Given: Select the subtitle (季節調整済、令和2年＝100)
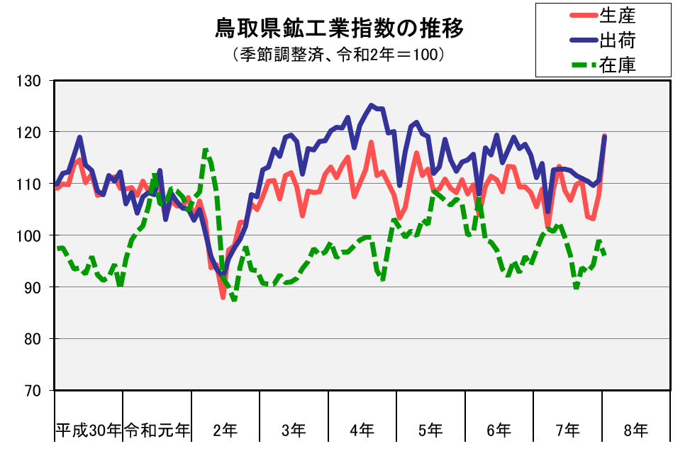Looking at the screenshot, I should (338, 55).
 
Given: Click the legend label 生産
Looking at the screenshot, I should (617, 14).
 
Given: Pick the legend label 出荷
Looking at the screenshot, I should (617, 40).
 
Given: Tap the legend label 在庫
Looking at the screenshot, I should (617, 65).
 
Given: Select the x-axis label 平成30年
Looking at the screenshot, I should (89, 430).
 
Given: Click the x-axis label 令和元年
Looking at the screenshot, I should (157, 430).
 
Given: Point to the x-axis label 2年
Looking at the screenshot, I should (226, 430).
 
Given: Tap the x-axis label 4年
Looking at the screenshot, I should (362, 430).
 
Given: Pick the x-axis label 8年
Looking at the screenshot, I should (636, 430).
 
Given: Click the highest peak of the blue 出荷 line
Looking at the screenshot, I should (371, 105).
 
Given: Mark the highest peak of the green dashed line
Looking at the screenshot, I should (205, 150).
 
